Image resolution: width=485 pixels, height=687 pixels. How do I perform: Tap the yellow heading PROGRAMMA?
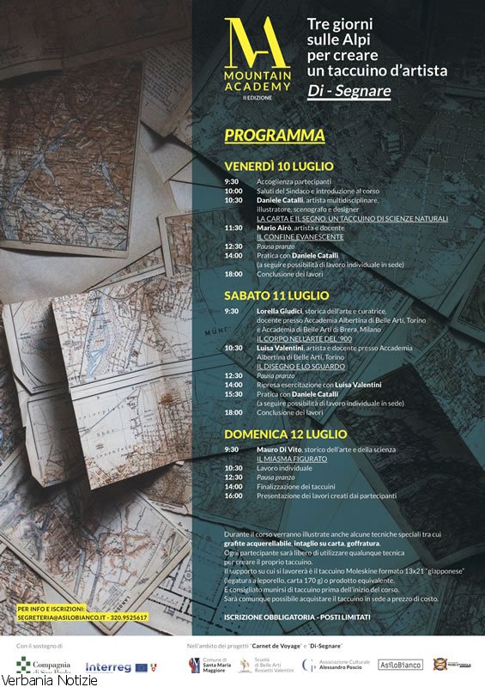tap(275, 136)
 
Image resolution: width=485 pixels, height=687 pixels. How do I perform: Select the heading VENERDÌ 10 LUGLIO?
tap(279, 166)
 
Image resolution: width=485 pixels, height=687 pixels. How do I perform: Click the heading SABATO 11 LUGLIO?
tap(276, 295)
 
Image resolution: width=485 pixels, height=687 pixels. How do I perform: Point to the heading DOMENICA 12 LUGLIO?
tap(285, 435)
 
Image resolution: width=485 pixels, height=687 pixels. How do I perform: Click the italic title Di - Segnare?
tap(349, 90)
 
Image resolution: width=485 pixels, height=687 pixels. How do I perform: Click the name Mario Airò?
tap(275, 228)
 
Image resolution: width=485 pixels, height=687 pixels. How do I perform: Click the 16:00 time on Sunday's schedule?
tap(233, 495)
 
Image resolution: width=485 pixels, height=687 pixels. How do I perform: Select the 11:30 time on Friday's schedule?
tap(233, 228)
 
